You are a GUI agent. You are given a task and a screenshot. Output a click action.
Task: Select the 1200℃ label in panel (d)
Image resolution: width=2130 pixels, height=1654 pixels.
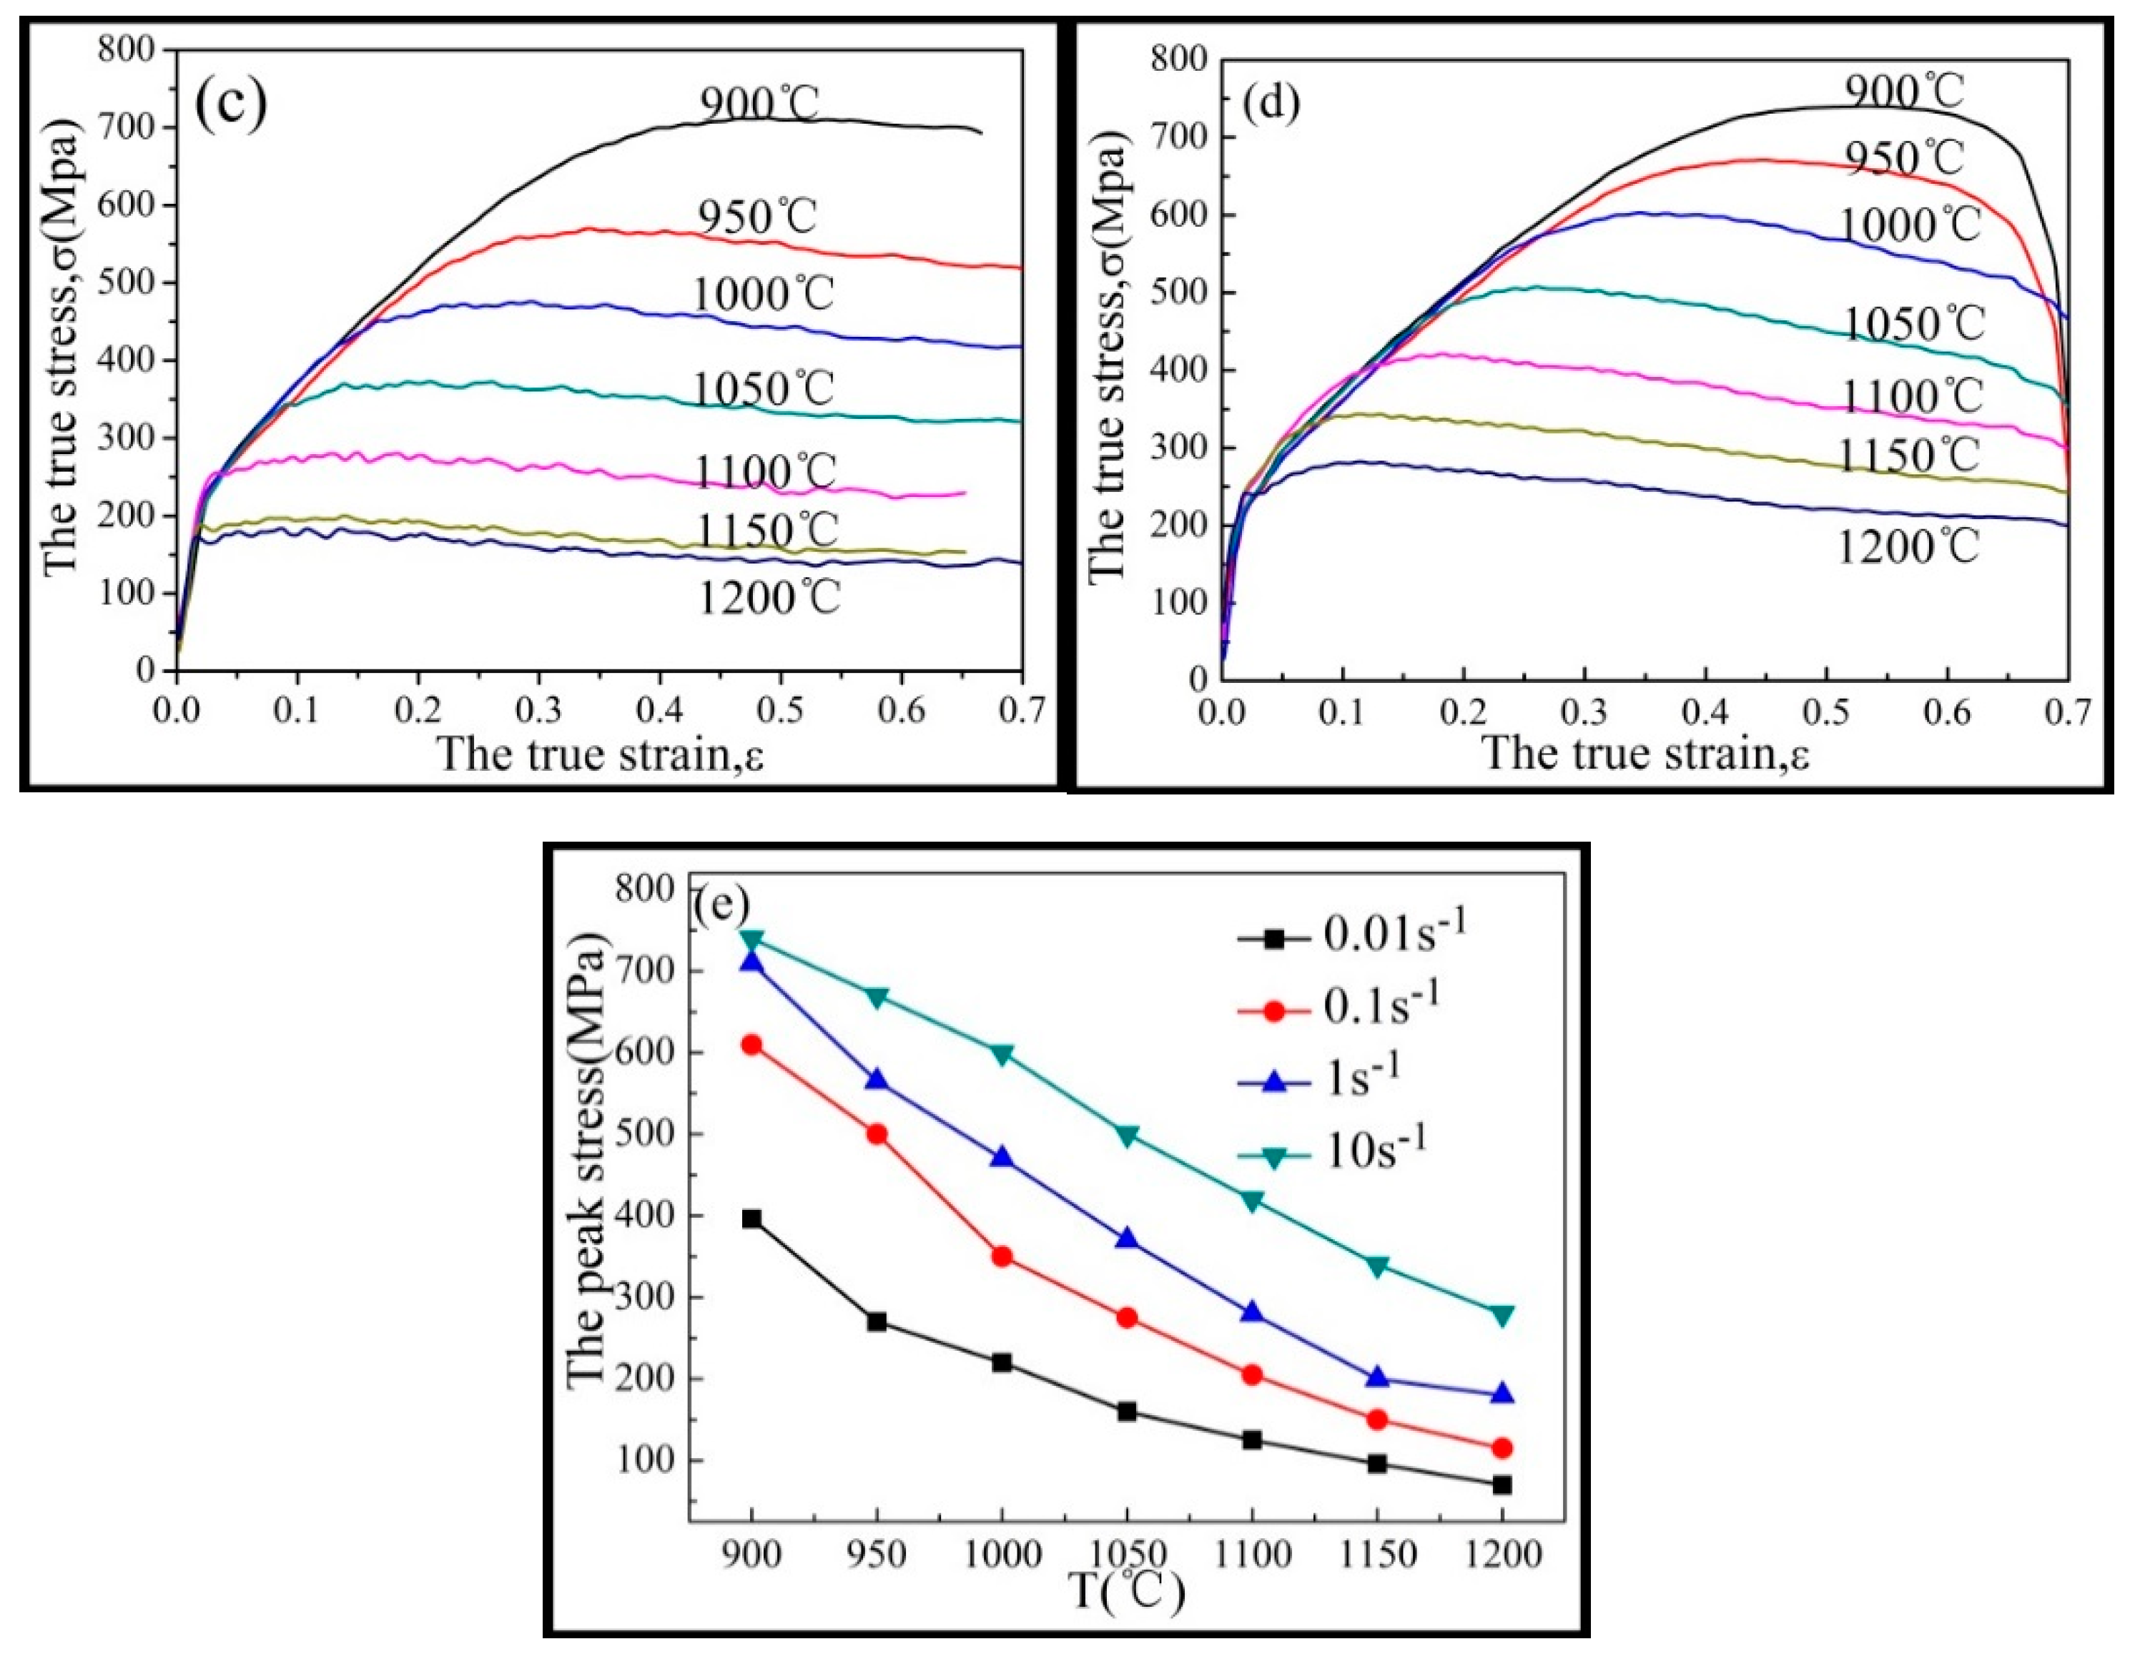click(x=1908, y=546)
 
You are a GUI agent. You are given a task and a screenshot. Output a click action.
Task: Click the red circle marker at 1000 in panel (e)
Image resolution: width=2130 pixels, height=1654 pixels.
click(x=1002, y=1256)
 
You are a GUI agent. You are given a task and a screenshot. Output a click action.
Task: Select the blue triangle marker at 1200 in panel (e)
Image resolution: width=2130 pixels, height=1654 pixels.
click(x=1502, y=1394)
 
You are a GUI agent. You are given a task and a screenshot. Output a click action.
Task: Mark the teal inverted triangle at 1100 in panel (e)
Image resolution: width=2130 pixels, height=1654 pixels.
click(x=1252, y=1201)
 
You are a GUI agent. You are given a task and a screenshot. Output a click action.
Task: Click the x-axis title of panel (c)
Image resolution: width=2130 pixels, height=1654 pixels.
click(x=599, y=754)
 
